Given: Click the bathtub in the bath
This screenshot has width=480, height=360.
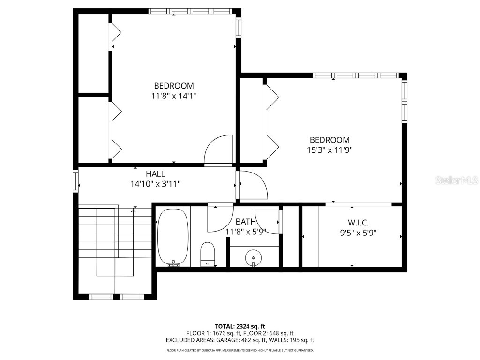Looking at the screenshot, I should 173,237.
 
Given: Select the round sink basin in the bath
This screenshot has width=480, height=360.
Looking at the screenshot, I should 254,257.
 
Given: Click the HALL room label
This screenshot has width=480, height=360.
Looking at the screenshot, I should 155,174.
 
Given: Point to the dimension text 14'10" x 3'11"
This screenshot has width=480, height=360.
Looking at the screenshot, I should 155,184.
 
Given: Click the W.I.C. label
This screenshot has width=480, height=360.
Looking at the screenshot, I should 358,223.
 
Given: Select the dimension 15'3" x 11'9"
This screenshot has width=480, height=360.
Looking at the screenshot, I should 329,150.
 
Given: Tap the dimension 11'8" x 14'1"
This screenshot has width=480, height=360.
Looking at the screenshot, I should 173,96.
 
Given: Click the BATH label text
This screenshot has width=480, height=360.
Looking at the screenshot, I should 246,222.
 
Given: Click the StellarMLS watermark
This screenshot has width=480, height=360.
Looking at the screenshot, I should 456,180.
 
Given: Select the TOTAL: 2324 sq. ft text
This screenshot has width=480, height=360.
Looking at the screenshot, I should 240,326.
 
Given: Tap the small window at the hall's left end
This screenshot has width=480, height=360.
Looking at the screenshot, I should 75,181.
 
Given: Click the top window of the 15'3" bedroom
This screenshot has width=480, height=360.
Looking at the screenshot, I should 356,75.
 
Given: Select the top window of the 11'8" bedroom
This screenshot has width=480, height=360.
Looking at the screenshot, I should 190,11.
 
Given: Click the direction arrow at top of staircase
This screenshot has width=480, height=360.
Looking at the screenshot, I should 134,210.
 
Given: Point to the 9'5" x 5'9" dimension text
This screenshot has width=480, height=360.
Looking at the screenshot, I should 358,232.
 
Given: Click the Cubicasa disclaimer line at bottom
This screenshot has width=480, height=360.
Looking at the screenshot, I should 240,350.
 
